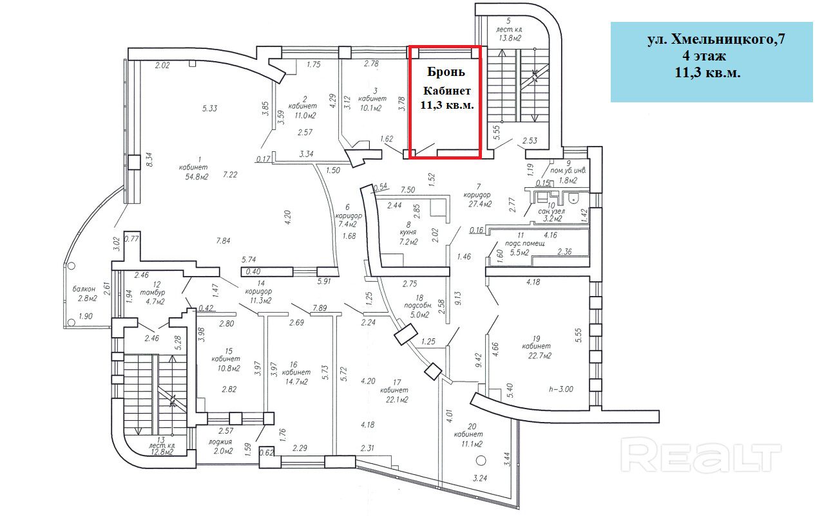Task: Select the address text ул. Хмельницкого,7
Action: point(716,40)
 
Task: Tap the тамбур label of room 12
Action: point(155,292)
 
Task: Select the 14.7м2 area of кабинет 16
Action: point(297,382)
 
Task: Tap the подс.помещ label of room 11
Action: point(525,244)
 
